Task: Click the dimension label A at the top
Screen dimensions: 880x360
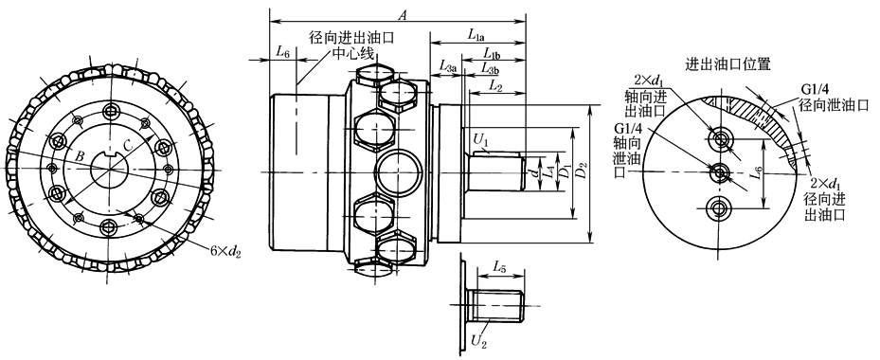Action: [x=403, y=16]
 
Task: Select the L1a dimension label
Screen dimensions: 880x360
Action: [x=476, y=35]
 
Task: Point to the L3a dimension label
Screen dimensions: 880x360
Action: [x=448, y=67]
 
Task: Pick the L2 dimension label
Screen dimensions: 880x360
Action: [x=495, y=85]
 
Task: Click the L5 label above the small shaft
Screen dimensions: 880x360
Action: [x=499, y=267]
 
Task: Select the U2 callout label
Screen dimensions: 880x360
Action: [x=477, y=340]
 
